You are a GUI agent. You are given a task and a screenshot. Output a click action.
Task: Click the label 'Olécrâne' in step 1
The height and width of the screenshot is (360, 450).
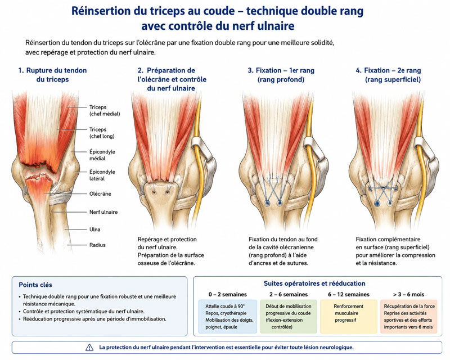tap(100, 193)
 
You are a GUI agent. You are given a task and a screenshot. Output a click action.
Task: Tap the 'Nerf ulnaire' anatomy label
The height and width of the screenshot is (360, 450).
tap(103, 212)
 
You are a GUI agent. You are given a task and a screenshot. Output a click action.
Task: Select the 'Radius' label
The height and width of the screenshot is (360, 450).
tap(97, 245)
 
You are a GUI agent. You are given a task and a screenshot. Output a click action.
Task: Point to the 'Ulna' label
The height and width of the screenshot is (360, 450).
tap(94, 229)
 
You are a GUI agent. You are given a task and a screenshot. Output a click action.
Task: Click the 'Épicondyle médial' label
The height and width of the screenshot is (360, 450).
tap(102, 155)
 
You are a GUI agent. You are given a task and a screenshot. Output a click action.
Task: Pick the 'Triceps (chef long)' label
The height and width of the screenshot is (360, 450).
tap(102, 133)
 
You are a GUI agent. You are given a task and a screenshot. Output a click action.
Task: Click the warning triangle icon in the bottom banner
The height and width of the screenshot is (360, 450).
tap(89, 348)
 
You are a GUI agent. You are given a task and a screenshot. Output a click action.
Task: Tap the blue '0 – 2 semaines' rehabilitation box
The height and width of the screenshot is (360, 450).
tap(228, 316)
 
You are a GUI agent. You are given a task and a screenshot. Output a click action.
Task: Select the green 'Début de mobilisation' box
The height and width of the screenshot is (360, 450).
tap(289, 316)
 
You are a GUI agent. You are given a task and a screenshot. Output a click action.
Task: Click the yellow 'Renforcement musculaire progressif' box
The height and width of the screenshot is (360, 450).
tap(348, 316)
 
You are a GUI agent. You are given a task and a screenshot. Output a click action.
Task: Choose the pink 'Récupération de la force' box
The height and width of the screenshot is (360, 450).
tap(409, 316)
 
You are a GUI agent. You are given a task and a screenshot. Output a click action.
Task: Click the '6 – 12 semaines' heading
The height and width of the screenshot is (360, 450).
tap(349, 294)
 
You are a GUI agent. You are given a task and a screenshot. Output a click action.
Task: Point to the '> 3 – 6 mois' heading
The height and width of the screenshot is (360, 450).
tap(409, 294)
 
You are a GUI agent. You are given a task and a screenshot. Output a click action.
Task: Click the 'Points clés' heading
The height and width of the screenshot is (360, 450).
tap(35, 285)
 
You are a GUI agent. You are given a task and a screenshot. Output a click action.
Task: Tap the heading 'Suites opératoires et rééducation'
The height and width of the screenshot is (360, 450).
tap(314, 283)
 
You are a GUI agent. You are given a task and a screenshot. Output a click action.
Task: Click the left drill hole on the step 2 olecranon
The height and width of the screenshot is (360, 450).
tap(154, 192)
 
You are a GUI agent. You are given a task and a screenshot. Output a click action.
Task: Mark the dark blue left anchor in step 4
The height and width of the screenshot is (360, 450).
tap(376, 203)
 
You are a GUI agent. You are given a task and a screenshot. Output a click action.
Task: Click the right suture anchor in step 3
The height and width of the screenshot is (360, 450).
tap(279, 203)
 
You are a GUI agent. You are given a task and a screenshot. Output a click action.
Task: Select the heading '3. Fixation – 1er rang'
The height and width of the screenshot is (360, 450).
tap(281, 70)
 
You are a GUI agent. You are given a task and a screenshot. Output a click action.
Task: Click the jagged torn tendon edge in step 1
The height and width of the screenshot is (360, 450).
tap(39, 167)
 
